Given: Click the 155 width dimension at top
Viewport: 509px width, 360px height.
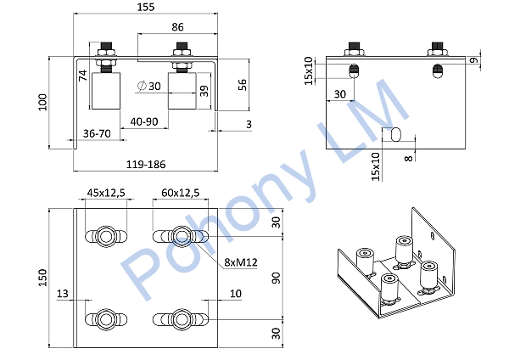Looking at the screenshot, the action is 145,7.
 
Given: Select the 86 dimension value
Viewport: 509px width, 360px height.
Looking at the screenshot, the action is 177,27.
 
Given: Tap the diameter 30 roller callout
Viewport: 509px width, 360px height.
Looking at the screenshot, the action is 149,86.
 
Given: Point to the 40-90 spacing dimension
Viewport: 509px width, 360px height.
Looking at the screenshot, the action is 144,122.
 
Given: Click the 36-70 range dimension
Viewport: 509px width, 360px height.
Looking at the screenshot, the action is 97,133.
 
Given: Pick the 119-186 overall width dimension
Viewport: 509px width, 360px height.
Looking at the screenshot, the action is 146,165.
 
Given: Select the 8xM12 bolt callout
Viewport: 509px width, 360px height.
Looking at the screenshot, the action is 241,262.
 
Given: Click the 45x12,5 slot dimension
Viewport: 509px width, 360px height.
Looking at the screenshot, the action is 106,193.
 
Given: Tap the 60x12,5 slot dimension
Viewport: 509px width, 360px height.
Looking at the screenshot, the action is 180,193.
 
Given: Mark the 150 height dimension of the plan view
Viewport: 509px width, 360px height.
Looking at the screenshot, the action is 43,278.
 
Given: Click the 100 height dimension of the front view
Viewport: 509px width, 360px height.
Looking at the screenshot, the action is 43,103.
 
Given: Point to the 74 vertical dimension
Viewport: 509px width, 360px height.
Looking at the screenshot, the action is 83,76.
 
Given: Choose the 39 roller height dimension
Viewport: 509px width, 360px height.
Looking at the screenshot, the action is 204,91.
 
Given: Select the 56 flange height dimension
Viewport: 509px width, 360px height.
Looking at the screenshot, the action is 243,85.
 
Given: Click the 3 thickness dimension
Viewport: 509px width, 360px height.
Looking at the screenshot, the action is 249,124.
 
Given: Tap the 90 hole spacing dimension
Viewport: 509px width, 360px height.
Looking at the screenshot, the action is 276,278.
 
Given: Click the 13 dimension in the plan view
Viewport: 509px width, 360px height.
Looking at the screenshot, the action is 63,294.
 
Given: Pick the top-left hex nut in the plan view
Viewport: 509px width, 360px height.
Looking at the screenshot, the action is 106,236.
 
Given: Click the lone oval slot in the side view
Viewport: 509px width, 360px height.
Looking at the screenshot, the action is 396,134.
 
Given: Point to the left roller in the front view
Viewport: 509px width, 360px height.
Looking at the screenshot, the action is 106,91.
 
